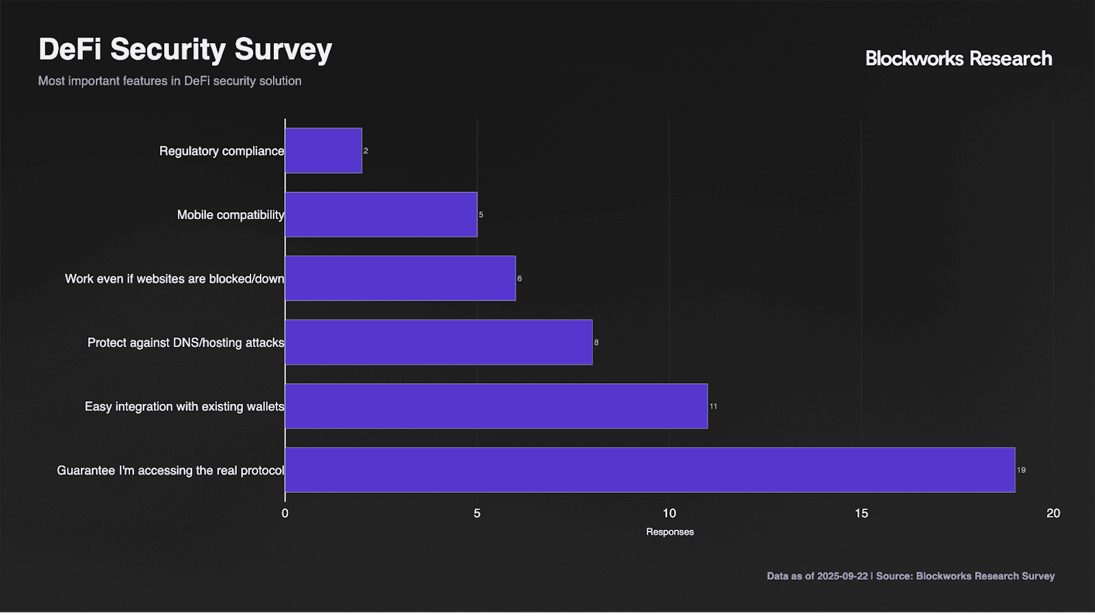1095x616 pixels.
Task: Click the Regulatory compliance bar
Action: click(x=324, y=151)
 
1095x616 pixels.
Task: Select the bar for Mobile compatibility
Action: click(x=381, y=215)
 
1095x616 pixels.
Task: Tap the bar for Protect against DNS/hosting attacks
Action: click(x=439, y=342)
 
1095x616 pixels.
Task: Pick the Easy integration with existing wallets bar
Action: click(x=497, y=407)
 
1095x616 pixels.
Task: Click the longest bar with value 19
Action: click(x=650, y=470)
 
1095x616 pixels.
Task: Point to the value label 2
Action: click(x=365, y=151)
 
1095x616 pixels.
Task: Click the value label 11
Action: click(x=713, y=407)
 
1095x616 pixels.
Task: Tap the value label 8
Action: click(x=596, y=342)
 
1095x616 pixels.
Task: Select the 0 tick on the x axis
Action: click(x=285, y=513)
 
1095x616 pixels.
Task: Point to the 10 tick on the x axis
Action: click(x=669, y=513)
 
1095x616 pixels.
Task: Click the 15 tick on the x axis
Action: click(x=862, y=513)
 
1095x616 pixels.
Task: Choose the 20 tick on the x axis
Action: click(x=1053, y=513)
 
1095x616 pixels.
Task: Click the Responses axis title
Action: click(x=670, y=532)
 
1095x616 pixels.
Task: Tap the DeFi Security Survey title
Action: click(x=185, y=50)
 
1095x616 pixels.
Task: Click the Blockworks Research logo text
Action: click(x=959, y=59)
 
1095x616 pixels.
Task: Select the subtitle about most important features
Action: click(x=170, y=81)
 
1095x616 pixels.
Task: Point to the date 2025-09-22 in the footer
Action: click(x=842, y=576)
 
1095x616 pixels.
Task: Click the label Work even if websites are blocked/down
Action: click(x=175, y=279)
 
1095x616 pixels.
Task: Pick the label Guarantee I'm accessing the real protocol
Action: click(x=170, y=470)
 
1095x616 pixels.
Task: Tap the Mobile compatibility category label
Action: click(x=231, y=215)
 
